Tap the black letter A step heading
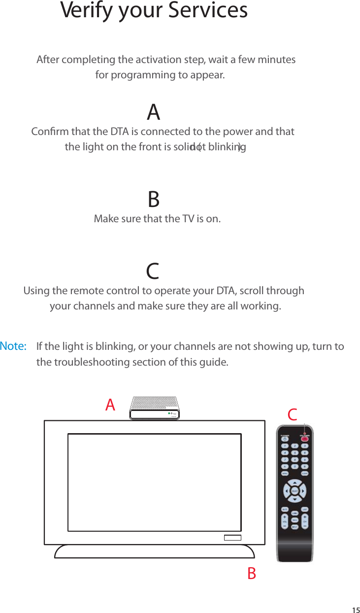pyautogui.click(x=154, y=113)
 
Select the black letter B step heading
pyautogui.click(x=154, y=200)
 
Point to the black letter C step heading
pyautogui.click(x=153, y=272)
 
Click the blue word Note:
pyautogui.click(x=13, y=346)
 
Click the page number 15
pyautogui.click(x=355, y=610)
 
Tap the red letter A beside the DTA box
pyautogui.click(x=110, y=406)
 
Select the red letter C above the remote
pyautogui.click(x=293, y=415)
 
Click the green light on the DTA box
pyautogui.click(x=168, y=413)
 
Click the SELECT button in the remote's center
pyautogui.click(x=294, y=491)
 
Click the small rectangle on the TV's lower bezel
pyautogui.click(x=232, y=537)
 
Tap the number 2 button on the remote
pyautogui.click(x=294, y=446)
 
